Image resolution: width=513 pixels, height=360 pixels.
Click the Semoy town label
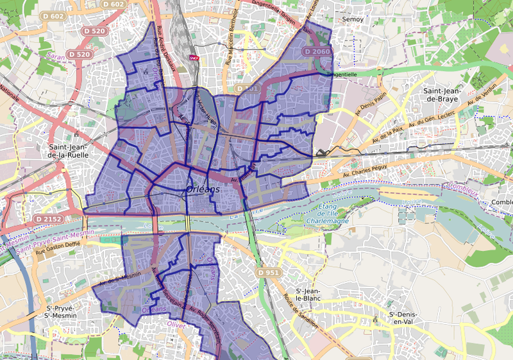coord(352,19)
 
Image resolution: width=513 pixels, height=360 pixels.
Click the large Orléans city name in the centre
coord(203,190)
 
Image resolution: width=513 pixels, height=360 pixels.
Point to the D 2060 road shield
coord(317,51)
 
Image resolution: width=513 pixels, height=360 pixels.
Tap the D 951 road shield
coord(269,273)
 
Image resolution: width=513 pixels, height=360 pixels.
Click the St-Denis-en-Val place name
coord(404,318)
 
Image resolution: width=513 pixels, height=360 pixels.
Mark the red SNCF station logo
coord(194,57)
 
